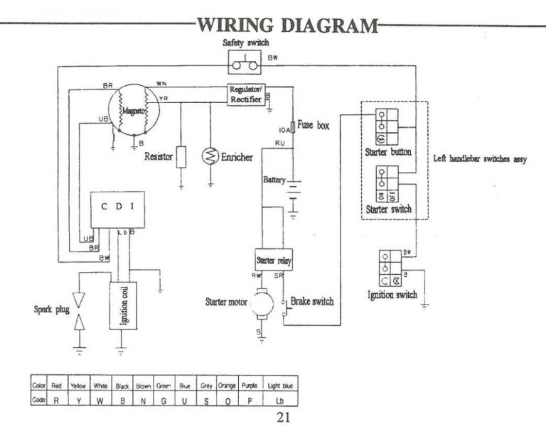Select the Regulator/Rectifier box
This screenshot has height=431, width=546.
pyautogui.click(x=246, y=94)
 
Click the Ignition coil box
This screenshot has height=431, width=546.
pyautogui.click(x=120, y=305)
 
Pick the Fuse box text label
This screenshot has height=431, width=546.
pyautogui.click(x=314, y=125)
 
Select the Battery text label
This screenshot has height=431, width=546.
pyautogui.click(x=274, y=180)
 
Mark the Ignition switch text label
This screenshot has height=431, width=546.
pyautogui.click(x=392, y=295)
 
